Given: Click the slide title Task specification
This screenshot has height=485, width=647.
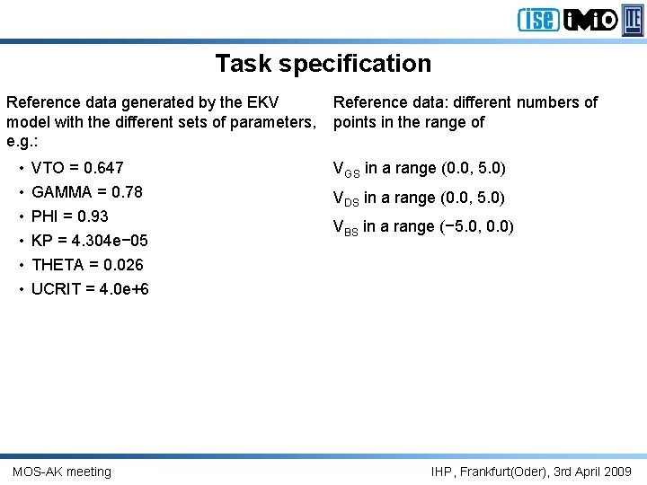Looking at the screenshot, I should pyautogui.click(x=323, y=64).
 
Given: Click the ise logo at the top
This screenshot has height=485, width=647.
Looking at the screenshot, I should pyautogui.click(x=538, y=19).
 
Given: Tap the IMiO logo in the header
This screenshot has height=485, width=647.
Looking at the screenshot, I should pyautogui.click(x=591, y=19).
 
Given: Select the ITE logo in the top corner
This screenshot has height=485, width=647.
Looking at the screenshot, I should pyautogui.click(x=634, y=19).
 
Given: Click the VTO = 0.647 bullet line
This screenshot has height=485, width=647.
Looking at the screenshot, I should pyautogui.click(x=77, y=168).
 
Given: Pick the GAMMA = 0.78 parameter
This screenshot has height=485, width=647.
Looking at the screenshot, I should pyautogui.click(x=86, y=192).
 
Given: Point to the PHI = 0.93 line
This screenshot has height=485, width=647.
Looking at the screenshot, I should pyautogui.click(x=69, y=216).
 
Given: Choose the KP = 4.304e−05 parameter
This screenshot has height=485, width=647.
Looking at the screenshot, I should pyautogui.click(x=89, y=241).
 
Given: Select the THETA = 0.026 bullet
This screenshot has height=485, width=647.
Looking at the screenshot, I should pyautogui.click(x=87, y=265).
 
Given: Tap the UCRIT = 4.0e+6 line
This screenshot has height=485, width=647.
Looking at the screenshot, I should pyautogui.click(x=90, y=289).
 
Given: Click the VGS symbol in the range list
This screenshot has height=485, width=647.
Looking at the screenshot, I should pyautogui.click(x=346, y=169).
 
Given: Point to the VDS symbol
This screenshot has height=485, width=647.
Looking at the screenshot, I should pyautogui.click(x=346, y=198).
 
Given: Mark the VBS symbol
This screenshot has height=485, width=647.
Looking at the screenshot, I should pyautogui.click(x=346, y=228).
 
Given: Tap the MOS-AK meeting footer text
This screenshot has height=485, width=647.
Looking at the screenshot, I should pyautogui.click(x=62, y=472).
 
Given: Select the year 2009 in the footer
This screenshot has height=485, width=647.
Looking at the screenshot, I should pyautogui.click(x=616, y=472).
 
